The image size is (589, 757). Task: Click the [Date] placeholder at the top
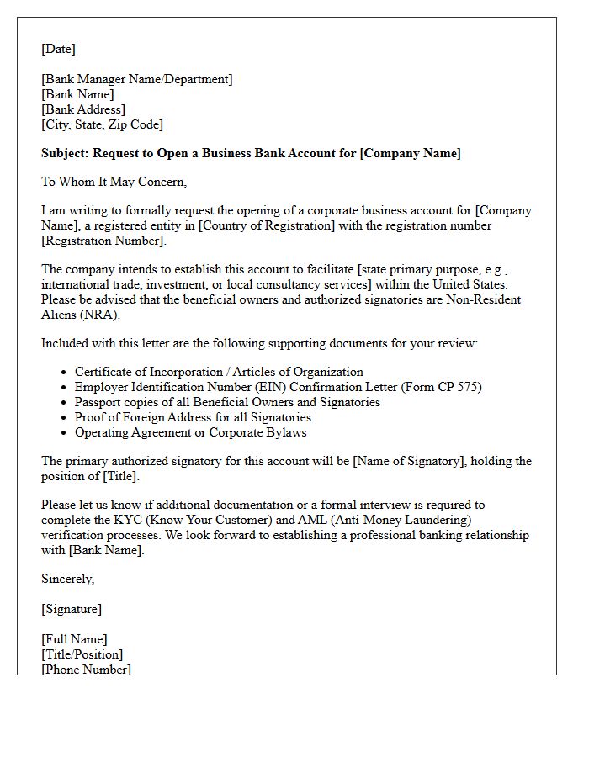coord(58,49)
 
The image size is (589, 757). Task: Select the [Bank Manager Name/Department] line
coord(137,79)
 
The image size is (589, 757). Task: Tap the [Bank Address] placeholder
coord(83,109)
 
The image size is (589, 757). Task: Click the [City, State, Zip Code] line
coord(102,124)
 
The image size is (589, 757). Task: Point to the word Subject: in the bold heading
coord(65,153)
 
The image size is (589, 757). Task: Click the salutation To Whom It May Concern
coord(114,181)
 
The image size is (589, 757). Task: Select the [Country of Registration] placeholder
coord(268,225)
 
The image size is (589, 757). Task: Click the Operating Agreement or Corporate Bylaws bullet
coord(190,432)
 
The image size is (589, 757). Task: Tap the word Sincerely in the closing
coord(67,579)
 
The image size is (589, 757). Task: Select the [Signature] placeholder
coord(72,609)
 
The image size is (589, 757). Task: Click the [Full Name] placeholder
coord(74,639)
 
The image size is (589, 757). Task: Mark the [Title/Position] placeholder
coord(82,654)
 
